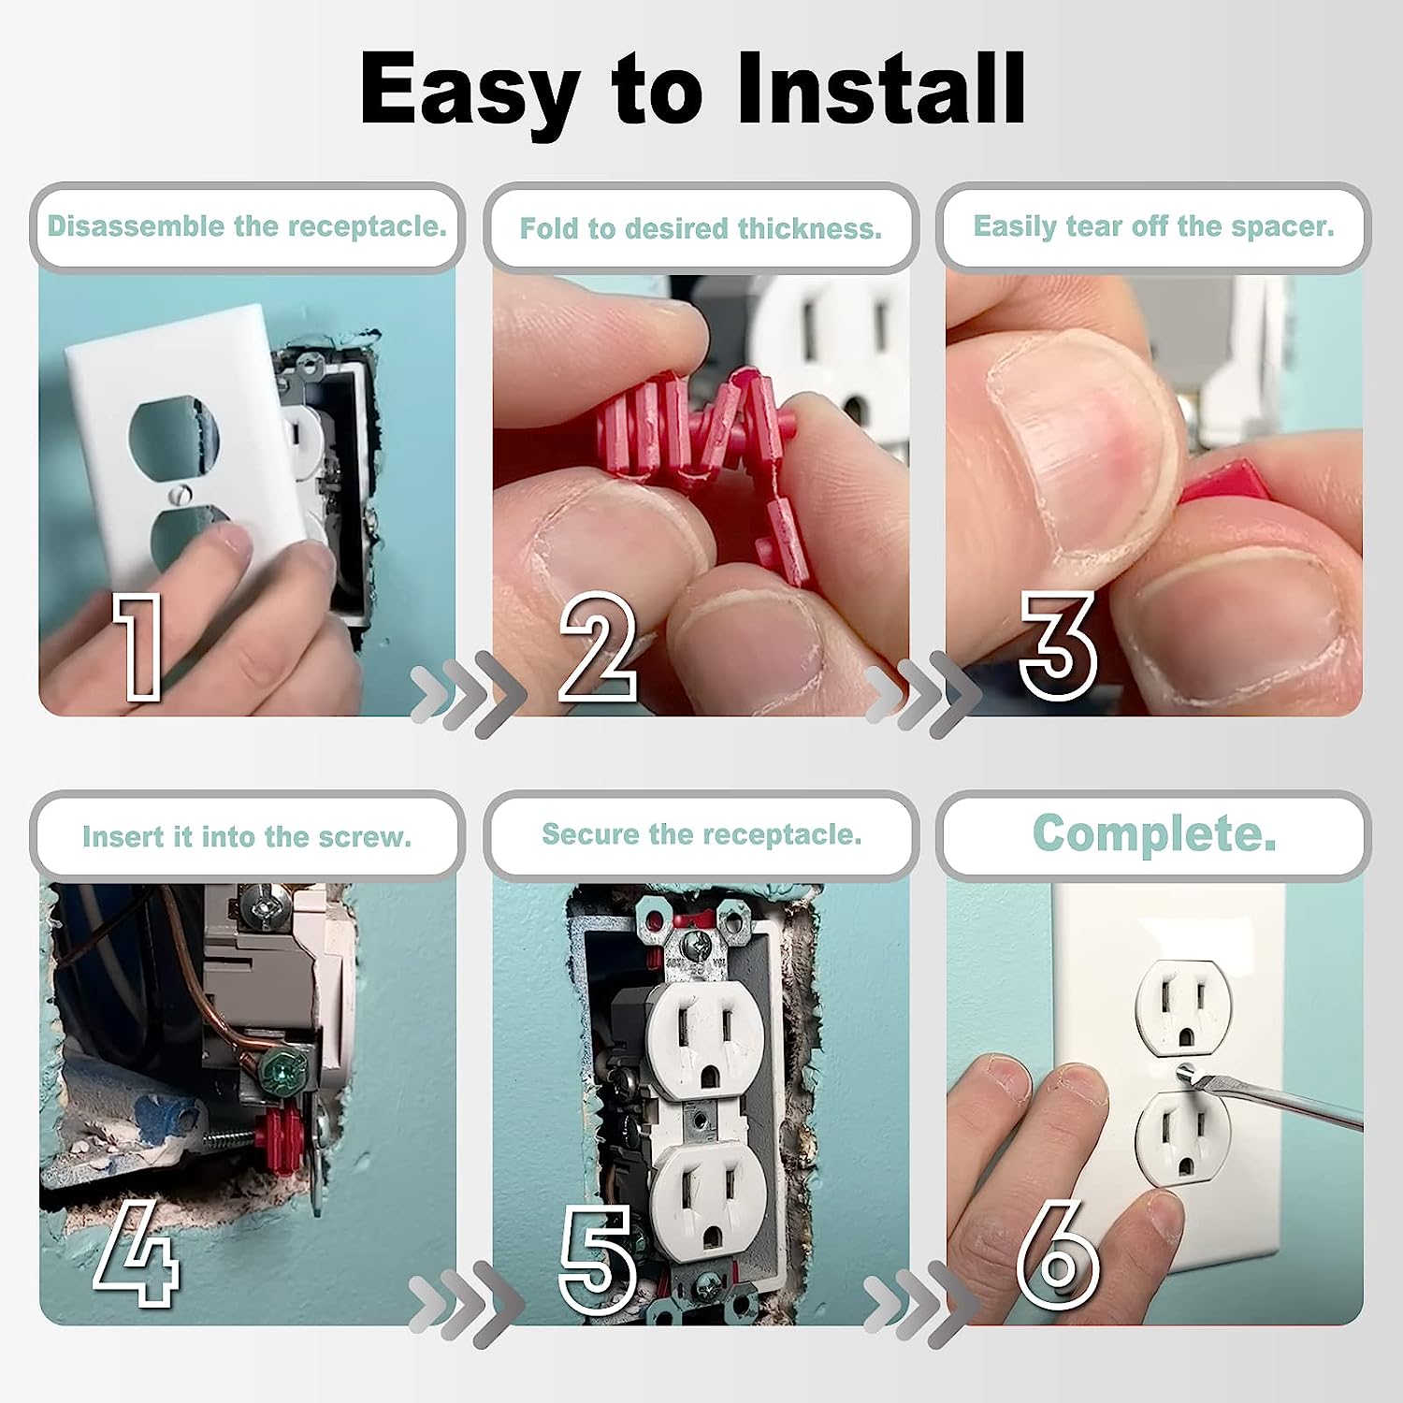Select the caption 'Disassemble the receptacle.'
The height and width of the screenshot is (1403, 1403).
(247, 226)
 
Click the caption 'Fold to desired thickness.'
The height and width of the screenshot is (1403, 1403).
(701, 228)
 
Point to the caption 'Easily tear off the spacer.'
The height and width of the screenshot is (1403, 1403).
(1153, 226)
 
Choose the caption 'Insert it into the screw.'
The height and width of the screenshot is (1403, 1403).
(247, 836)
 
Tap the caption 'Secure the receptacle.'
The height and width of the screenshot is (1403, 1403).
(701, 834)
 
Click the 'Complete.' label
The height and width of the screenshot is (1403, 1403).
(1153, 832)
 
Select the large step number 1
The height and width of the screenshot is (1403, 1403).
(138, 645)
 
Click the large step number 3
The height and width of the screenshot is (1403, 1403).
(1057, 645)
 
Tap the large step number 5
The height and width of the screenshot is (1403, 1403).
(599, 1258)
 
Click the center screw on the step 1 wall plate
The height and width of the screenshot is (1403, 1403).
(181, 493)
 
